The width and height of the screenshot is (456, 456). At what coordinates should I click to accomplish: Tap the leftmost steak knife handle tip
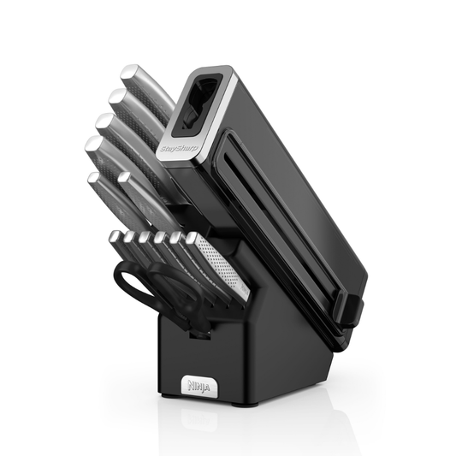pos(117,238)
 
